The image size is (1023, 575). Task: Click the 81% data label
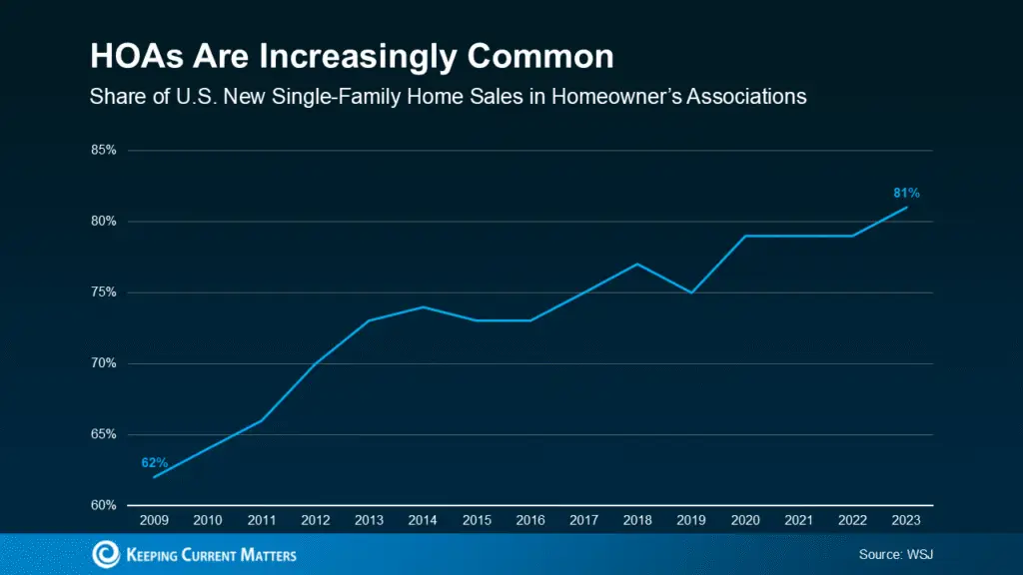coord(906,193)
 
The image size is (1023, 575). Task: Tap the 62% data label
coord(154,463)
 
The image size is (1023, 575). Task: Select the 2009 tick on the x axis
coord(154,520)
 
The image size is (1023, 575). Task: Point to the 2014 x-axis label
coord(423,520)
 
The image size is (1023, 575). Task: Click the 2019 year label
coord(691,520)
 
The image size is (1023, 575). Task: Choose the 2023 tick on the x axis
coord(906,520)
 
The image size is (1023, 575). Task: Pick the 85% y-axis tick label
coord(104,150)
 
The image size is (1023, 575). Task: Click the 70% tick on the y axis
coord(104,363)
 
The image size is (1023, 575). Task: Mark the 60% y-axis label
coord(104,505)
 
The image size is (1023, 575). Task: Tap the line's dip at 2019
coord(691,292)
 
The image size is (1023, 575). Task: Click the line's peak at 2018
coord(637,264)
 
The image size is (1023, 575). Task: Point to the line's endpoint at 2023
coord(906,207)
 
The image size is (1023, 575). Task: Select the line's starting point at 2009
coord(154,477)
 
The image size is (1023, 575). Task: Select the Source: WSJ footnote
coord(895,553)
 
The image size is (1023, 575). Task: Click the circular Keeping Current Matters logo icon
coord(105,554)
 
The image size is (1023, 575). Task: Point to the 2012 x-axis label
coord(315,520)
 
